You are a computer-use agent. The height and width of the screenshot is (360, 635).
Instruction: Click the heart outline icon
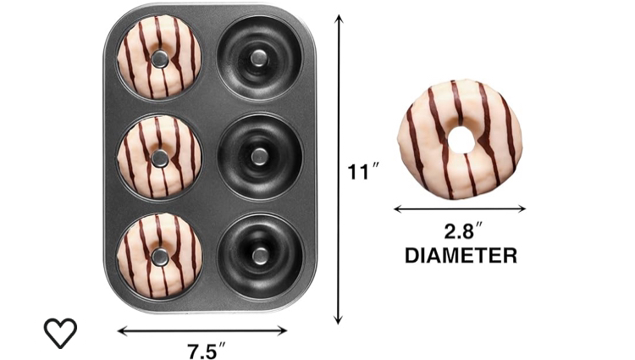[x=60, y=333]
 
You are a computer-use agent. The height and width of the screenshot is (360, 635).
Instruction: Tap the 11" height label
[x=363, y=172]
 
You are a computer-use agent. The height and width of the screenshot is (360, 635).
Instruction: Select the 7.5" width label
[x=206, y=348]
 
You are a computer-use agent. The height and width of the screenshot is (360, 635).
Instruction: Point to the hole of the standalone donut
[x=460, y=140]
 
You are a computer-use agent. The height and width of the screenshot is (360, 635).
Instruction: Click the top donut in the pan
[x=159, y=58]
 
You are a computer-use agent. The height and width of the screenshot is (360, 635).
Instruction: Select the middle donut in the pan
[x=159, y=158]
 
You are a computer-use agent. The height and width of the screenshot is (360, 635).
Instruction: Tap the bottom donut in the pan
[x=159, y=256]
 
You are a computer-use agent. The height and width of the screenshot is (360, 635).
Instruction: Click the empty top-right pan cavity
[x=259, y=58]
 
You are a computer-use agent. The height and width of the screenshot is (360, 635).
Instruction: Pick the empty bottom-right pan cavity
[x=259, y=255]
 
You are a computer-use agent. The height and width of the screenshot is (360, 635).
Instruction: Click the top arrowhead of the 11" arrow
[x=340, y=17]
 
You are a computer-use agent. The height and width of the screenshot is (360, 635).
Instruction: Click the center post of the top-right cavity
[x=259, y=58]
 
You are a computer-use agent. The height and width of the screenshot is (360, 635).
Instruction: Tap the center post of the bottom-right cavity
[x=259, y=255]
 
